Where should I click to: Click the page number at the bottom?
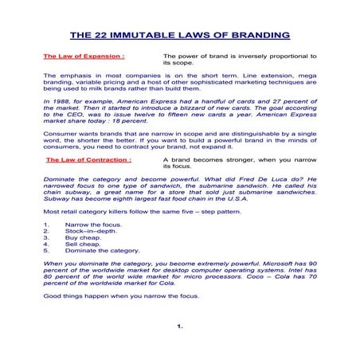click(180, 326)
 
